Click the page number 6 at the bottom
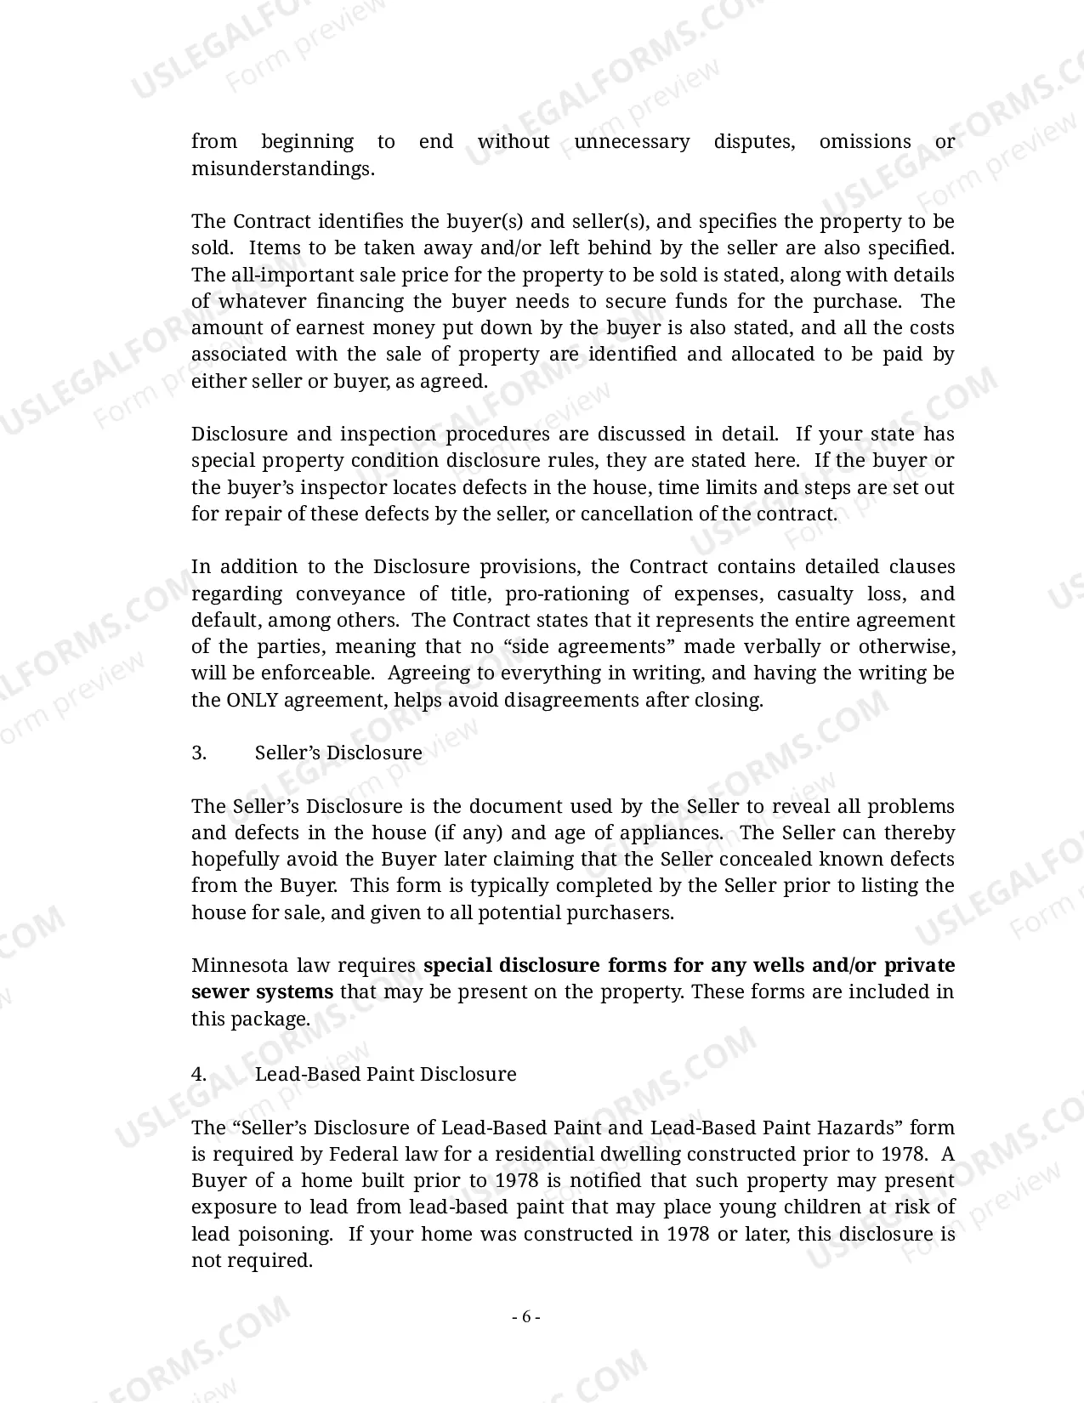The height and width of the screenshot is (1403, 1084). (x=525, y=1317)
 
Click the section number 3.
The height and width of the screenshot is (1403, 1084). (x=199, y=753)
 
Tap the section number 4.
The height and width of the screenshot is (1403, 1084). (x=199, y=1074)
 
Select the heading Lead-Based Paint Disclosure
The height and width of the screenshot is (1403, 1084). (x=385, y=1074)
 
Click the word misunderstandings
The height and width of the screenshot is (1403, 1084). (x=281, y=168)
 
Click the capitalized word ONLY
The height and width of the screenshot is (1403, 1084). (x=251, y=701)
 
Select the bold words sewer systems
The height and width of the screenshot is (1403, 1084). (x=262, y=992)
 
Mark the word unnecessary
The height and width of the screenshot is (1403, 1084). (x=632, y=142)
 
